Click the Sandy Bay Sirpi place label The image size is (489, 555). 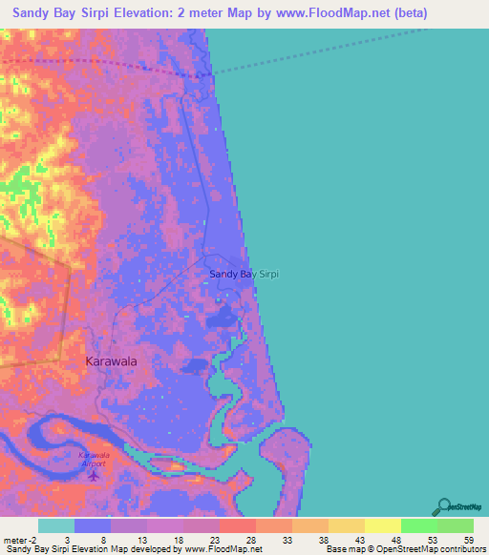pos(244,275)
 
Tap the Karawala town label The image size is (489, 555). pos(111,361)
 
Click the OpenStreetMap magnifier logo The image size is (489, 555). pos(442,506)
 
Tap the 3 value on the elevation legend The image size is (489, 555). pos(66,539)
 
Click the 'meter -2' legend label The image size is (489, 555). pos(18,539)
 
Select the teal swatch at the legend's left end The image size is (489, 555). pos(55,525)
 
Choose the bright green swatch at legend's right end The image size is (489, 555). pos(455,525)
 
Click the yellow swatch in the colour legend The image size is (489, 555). pos(382,525)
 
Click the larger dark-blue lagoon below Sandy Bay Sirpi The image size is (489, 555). pos(223,317)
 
